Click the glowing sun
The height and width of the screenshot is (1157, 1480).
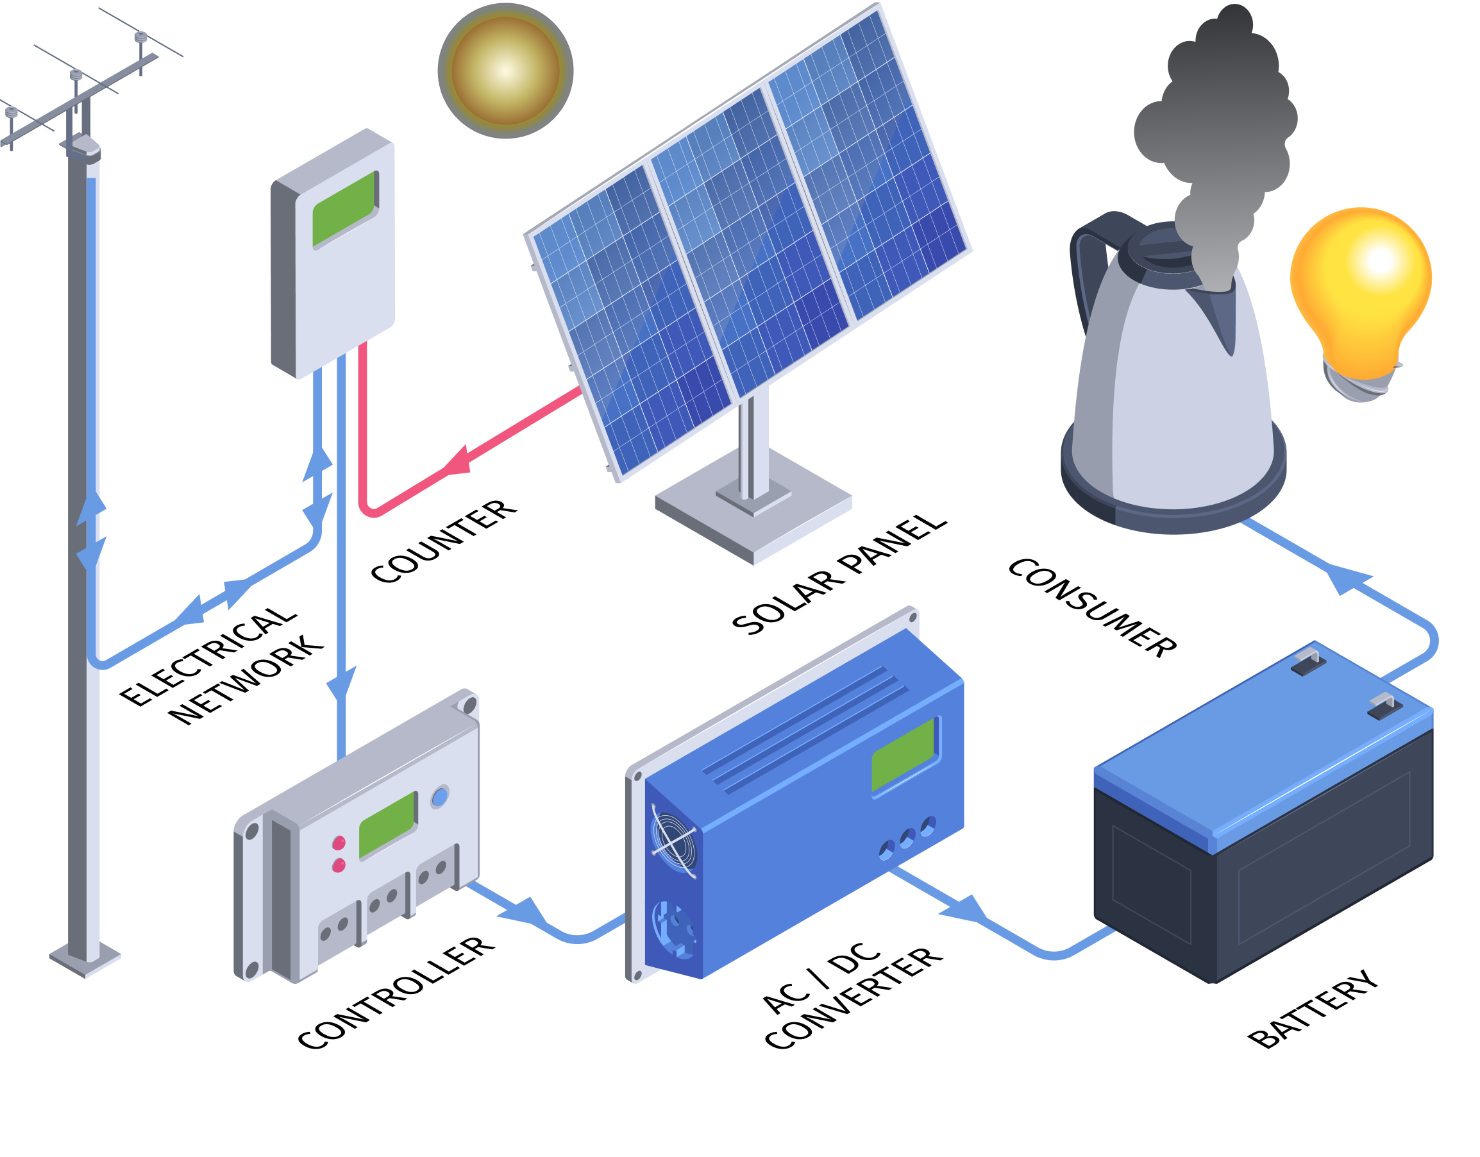(x=505, y=71)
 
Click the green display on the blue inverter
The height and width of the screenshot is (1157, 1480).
(x=904, y=754)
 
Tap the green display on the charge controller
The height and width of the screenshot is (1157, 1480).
(x=387, y=825)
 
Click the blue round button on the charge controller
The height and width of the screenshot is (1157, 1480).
(x=440, y=797)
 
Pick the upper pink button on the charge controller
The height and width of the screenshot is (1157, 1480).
(x=339, y=843)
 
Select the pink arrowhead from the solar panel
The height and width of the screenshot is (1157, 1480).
(x=458, y=462)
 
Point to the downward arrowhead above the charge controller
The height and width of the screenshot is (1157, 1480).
(x=342, y=685)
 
